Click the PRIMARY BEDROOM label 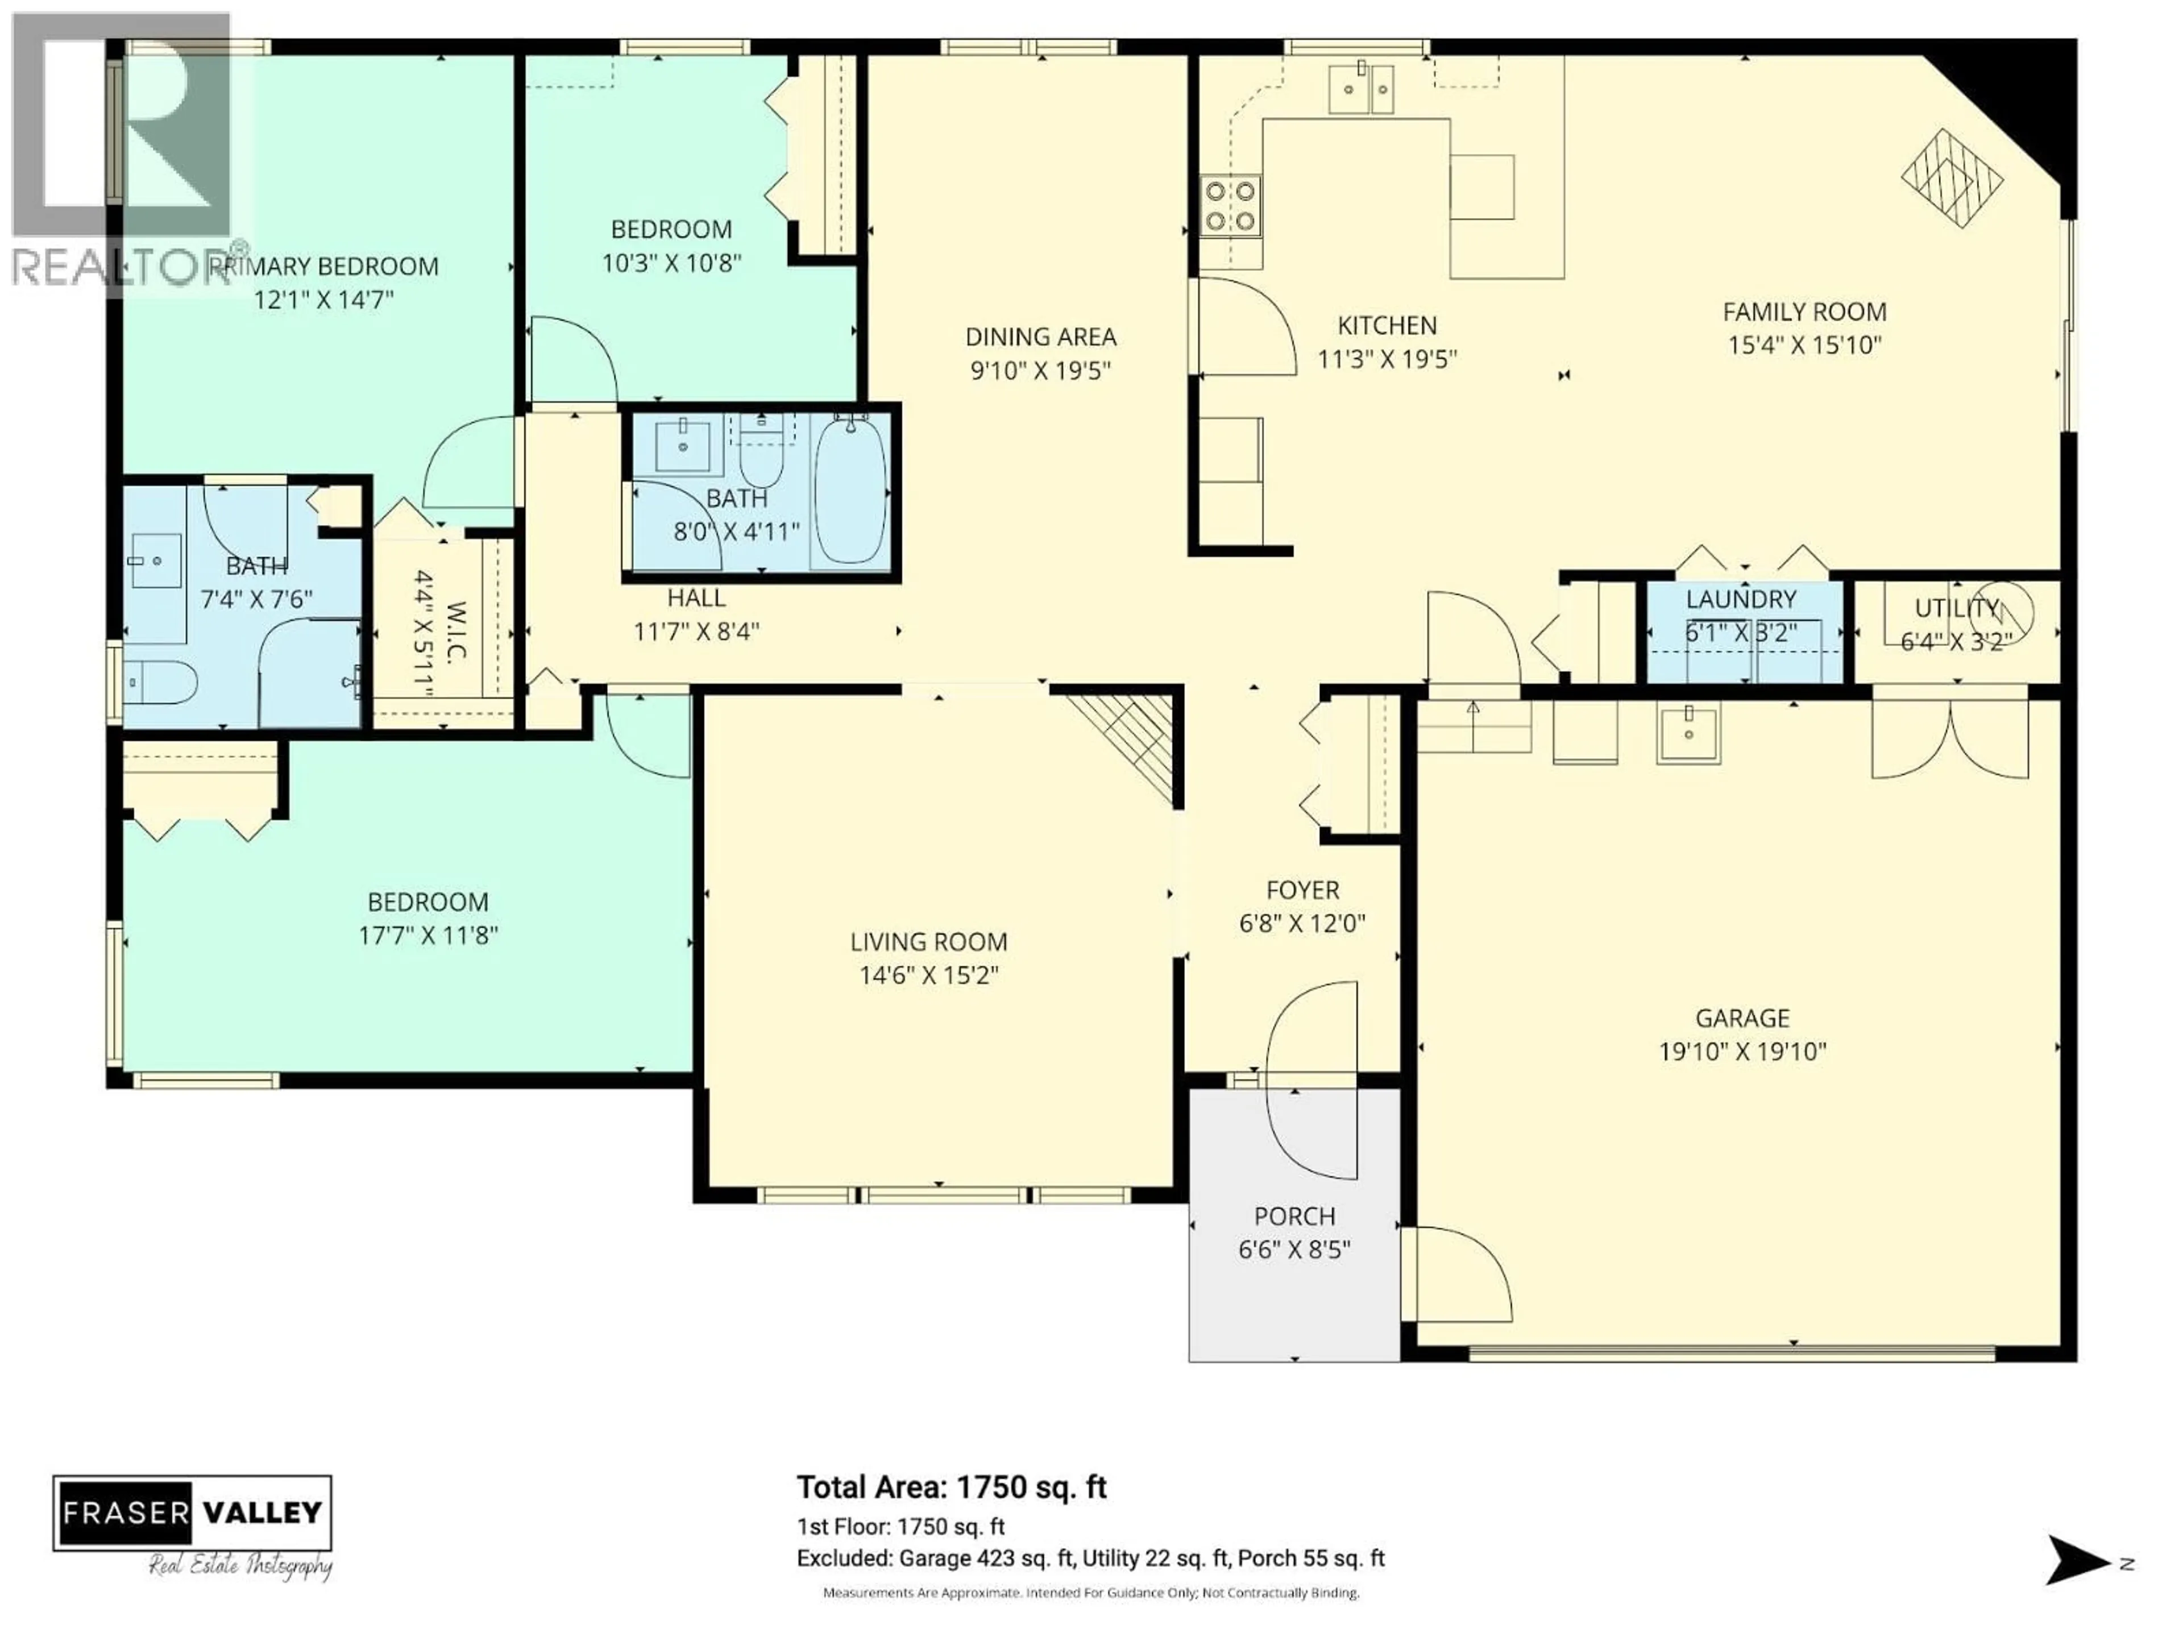[x=326, y=267]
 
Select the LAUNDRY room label [x=1741, y=599]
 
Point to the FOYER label [x=1302, y=890]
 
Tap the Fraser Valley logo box [x=193, y=1513]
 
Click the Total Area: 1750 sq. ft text [x=951, y=1487]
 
